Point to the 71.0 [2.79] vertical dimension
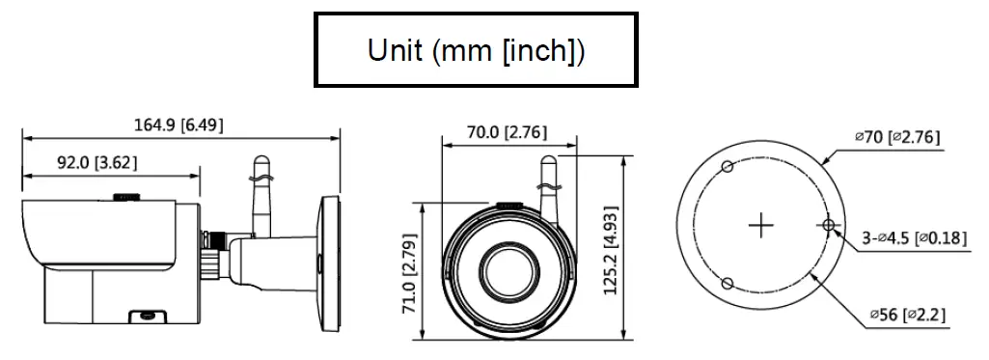pyautogui.click(x=409, y=273)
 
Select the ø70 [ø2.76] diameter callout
pyautogui.click(x=896, y=138)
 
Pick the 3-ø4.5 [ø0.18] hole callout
pyautogui.click(x=913, y=237)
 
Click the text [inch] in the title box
pyautogui.click(x=537, y=50)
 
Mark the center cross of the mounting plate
pyautogui.click(x=762, y=226)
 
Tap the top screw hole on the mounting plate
pyautogui.click(x=729, y=168)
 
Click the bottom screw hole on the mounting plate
pyautogui.click(x=728, y=284)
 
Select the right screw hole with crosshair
pyautogui.click(x=828, y=226)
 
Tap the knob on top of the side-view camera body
pyautogui.click(x=126, y=198)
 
